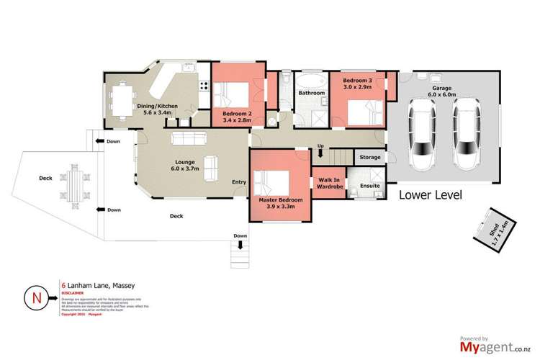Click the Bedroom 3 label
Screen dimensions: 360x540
358,83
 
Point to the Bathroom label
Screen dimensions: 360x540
312,93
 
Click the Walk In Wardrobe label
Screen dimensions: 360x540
328,184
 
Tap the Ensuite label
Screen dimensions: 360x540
369,184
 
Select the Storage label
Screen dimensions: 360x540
369,156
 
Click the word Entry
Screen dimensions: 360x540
238,182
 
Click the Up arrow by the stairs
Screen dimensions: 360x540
320,151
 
